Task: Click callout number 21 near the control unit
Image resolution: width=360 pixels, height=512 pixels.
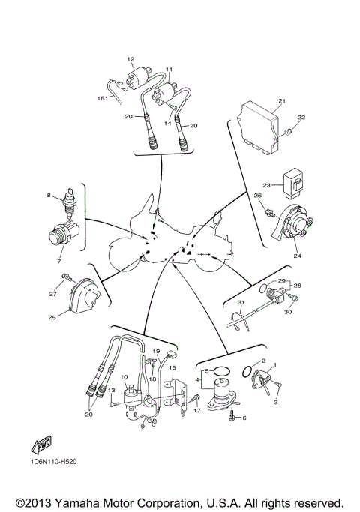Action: [283, 101]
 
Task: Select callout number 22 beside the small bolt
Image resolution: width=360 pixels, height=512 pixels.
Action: [301, 118]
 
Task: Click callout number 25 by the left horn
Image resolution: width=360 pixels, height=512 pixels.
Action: [52, 318]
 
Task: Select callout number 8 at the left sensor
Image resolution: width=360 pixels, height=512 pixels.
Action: [49, 196]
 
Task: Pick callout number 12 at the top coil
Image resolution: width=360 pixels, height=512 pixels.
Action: [130, 58]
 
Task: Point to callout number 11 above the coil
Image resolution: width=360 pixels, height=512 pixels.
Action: [169, 70]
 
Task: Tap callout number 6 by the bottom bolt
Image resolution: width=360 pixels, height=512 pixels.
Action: [244, 418]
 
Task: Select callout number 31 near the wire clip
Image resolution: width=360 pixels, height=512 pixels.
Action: [241, 302]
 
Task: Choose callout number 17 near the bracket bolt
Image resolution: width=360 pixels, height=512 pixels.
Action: [198, 412]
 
